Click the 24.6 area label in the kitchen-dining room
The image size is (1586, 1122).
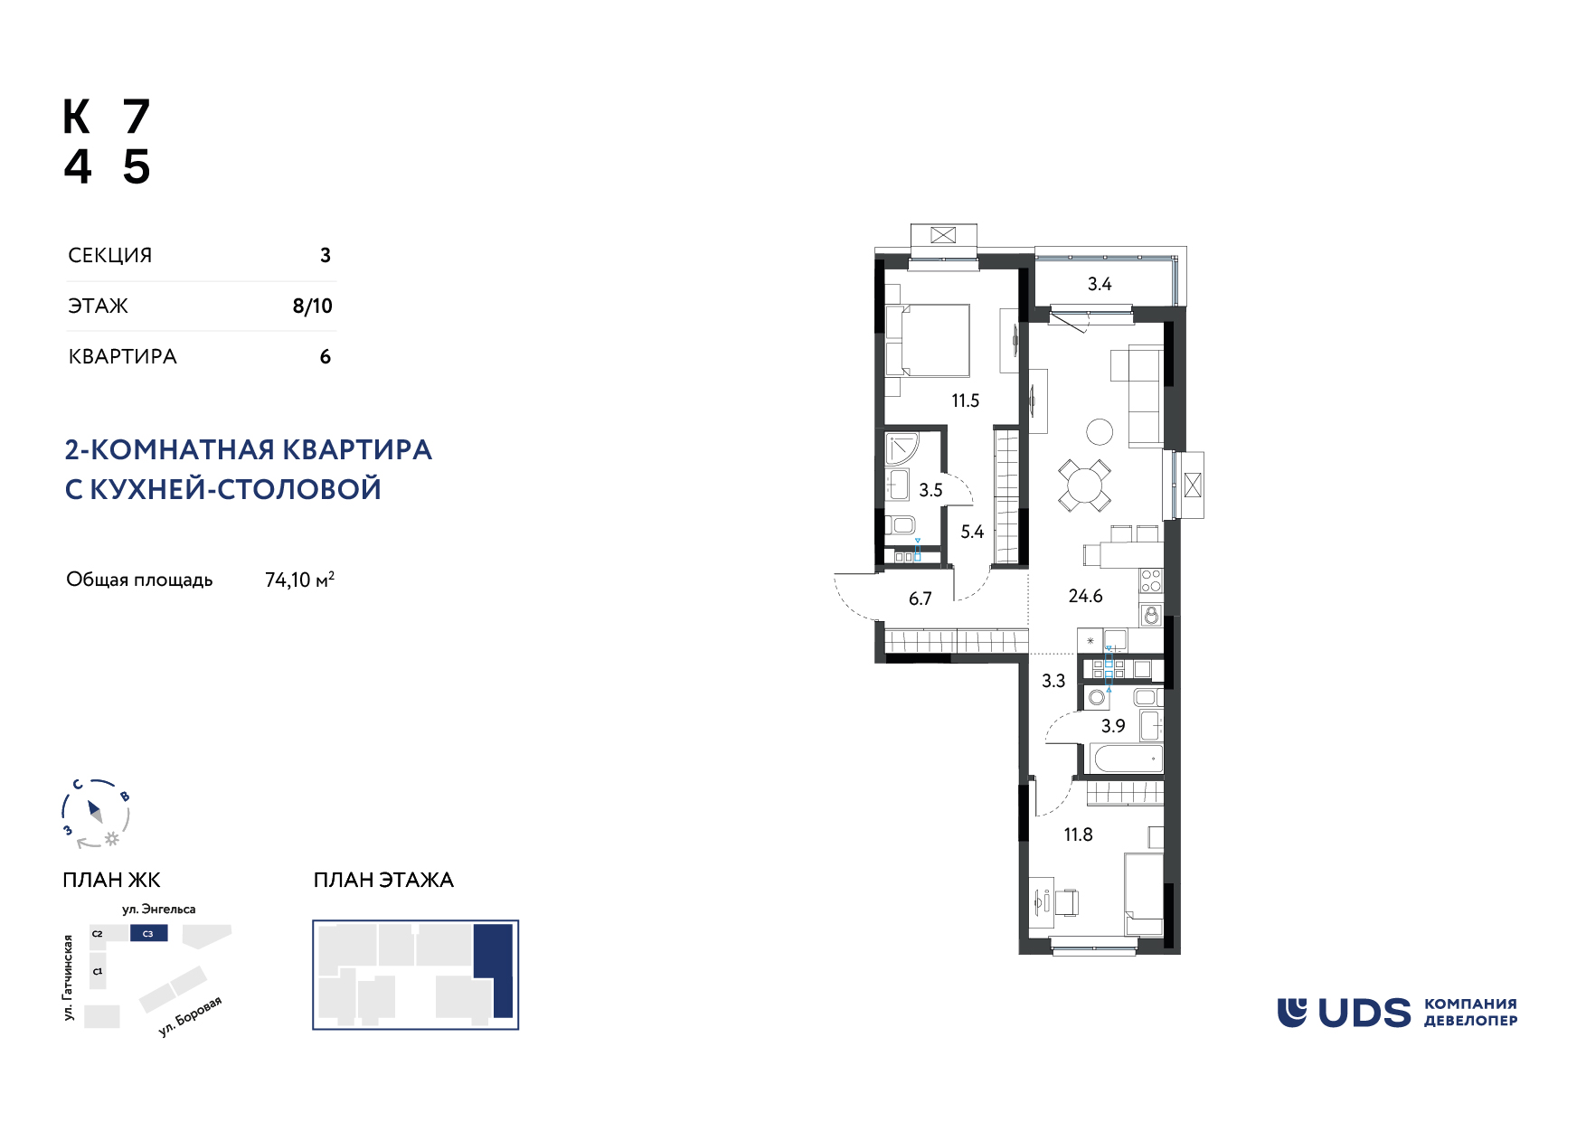tap(1085, 596)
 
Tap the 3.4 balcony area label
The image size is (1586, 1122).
tap(1099, 284)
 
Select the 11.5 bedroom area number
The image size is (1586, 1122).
tap(965, 401)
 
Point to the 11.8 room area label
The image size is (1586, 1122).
tap(1078, 834)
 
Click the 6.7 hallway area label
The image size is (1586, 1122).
tap(920, 599)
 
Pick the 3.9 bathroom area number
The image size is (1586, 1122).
tap(1113, 726)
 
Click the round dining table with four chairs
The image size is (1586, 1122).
tap(1085, 486)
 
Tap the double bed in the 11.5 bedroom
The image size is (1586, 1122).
tap(928, 340)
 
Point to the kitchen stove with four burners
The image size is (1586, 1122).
tap(1151, 580)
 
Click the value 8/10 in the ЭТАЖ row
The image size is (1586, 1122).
tap(312, 306)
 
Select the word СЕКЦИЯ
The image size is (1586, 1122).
tap(110, 255)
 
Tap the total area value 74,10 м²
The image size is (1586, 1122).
tap(299, 580)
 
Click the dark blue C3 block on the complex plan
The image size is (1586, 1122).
tap(148, 933)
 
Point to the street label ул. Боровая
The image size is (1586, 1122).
tap(190, 1016)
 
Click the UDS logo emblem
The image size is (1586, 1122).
tap(1291, 1013)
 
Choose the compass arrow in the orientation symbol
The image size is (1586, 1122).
tap(95, 810)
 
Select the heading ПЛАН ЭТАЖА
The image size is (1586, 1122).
tap(383, 880)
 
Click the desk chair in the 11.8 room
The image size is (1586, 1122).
tap(1067, 902)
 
